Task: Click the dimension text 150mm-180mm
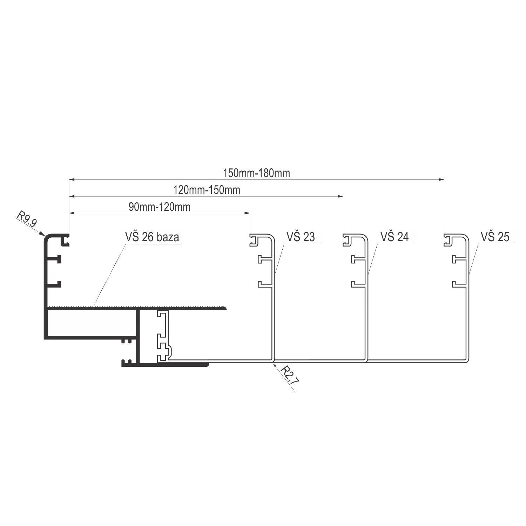click(256, 173)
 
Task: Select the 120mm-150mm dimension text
click(207, 190)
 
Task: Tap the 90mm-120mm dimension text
click(160, 207)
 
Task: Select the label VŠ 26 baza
click(152, 237)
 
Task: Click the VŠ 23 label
click(301, 237)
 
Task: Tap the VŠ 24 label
click(394, 237)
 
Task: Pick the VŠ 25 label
click(495, 237)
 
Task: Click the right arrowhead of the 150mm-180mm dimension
click(441, 180)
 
